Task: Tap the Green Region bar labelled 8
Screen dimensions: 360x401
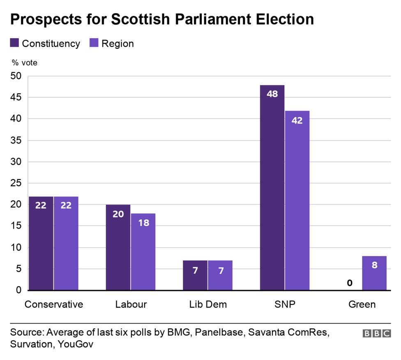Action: point(374,273)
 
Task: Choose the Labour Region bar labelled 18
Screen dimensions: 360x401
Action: point(143,252)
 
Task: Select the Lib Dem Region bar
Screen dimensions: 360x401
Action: point(220,275)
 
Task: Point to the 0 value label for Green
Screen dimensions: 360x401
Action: point(349,283)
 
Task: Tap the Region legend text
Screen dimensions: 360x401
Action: point(118,44)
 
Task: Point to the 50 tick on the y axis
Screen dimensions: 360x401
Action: point(16,76)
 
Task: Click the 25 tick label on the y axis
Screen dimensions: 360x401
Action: point(16,183)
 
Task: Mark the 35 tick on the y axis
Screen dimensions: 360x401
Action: point(16,141)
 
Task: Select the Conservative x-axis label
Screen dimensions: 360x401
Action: point(54,305)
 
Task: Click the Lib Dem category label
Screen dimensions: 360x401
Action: point(208,305)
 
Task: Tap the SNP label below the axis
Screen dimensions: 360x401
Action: point(285,305)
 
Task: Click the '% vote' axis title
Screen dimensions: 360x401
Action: point(24,63)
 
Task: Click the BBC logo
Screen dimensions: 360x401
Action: point(376,334)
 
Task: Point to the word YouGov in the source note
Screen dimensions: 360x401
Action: point(76,344)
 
